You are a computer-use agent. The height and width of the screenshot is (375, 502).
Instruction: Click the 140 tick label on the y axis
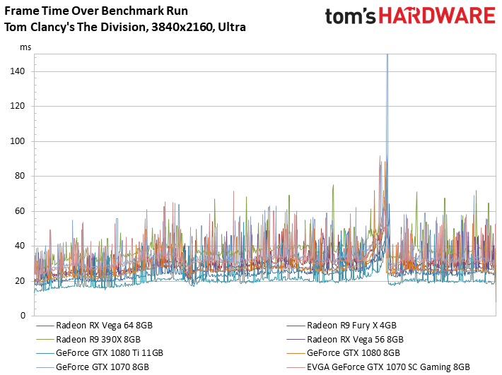pos(17,71)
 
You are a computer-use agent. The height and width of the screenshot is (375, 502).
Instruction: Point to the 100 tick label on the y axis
pos(17,141)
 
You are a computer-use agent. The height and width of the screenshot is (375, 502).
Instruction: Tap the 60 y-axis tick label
pos(20,211)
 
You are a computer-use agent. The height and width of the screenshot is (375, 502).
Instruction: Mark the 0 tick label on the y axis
pos(23,316)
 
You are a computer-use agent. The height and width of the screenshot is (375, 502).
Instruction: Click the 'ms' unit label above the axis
pos(25,47)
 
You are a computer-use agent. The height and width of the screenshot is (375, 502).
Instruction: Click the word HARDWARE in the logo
pos(437,16)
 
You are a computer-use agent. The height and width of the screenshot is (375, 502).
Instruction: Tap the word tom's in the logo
pos(350,16)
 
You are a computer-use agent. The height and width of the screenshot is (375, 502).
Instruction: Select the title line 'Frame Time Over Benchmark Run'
pos(96,11)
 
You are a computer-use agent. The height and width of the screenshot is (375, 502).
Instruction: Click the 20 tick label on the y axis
pos(20,280)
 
